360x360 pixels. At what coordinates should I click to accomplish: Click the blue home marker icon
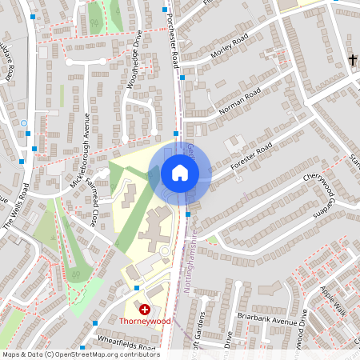180,173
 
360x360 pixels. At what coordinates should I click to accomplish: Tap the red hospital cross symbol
145,309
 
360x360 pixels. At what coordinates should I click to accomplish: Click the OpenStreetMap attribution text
80,354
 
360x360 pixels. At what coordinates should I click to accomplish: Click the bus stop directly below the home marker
187,214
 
